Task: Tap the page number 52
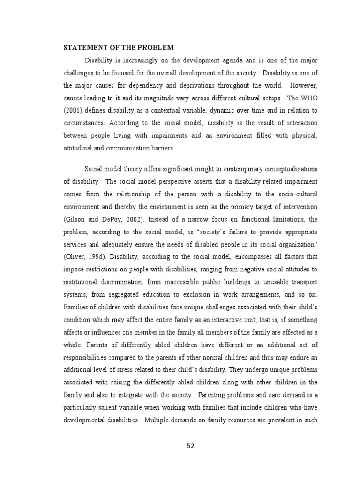(190, 445)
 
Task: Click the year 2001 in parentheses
(73, 111)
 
